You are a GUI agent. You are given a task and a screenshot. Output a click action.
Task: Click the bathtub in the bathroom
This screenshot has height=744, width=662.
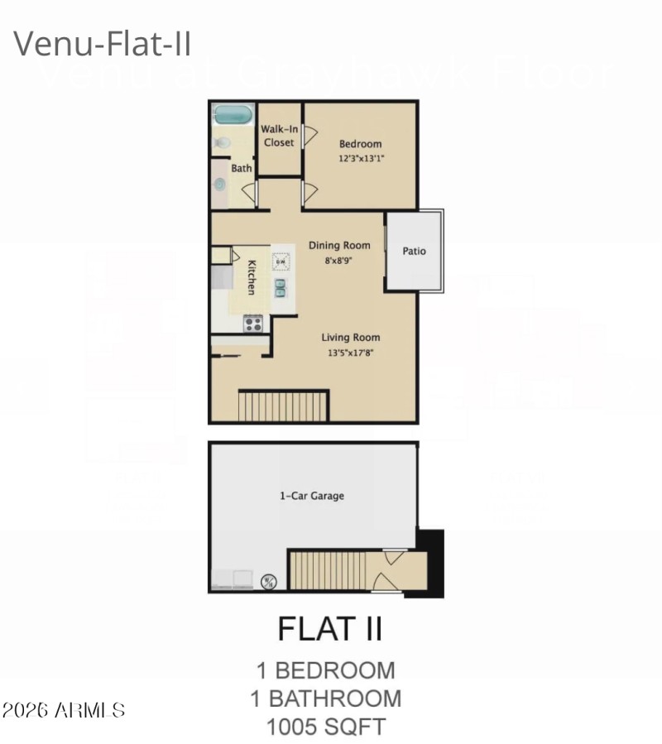(x=233, y=114)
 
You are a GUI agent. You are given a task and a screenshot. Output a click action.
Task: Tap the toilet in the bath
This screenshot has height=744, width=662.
(x=221, y=144)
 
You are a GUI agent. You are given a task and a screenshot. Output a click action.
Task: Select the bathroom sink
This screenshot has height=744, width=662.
(x=220, y=184)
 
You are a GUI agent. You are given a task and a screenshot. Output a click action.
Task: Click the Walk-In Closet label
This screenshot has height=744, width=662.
(x=279, y=136)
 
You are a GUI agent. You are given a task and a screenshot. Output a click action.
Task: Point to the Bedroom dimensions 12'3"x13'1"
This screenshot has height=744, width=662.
(x=360, y=158)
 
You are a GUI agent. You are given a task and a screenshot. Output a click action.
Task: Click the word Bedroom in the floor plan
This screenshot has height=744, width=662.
(x=360, y=144)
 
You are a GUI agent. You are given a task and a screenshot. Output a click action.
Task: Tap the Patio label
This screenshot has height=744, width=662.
(x=414, y=251)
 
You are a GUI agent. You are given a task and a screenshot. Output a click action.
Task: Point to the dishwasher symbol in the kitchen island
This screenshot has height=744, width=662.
(x=281, y=262)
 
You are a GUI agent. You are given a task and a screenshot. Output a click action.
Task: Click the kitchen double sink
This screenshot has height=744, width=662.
(x=281, y=287)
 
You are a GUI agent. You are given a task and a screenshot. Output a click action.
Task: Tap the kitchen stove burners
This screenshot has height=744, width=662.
(x=252, y=324)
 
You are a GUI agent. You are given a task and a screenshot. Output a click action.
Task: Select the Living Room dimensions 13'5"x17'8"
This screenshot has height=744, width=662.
(x=351, y=352)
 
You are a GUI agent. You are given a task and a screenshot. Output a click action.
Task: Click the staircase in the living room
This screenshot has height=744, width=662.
(x=283, y=406)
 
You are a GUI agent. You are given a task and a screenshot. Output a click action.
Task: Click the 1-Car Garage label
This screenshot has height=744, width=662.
(x=311, y=496)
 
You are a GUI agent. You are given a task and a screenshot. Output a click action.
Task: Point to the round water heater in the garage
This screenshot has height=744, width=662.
(x=269, y=582)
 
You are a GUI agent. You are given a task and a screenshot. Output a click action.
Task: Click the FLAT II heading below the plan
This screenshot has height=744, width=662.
(x=329, y=629)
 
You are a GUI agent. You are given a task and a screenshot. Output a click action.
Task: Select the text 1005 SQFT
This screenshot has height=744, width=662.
(x=325, y=727)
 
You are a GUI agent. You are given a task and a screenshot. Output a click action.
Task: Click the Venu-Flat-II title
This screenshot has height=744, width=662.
(x=103, y=43)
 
